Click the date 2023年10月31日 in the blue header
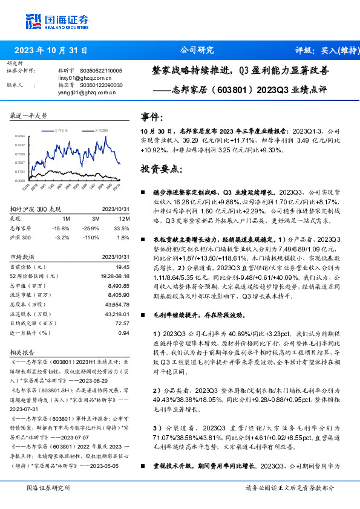[50, 51]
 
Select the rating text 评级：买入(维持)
[324, 51]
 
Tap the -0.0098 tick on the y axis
[20, 180]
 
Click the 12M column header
[125, 218]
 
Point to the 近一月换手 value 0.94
[124, 332]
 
